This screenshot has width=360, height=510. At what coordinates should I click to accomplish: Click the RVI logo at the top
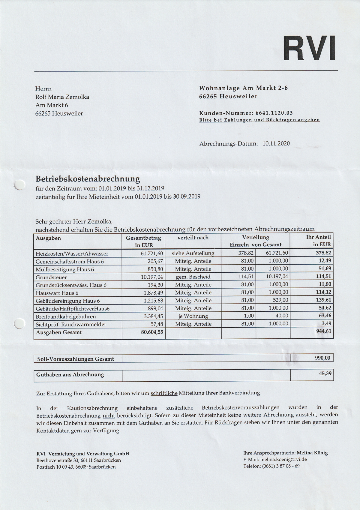click(309, 48)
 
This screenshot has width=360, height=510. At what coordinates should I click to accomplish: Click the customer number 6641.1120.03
click(274, 113)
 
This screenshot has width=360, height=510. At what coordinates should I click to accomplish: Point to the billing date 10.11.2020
click(276, 143)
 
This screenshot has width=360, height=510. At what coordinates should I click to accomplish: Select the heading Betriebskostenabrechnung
click(88, 179)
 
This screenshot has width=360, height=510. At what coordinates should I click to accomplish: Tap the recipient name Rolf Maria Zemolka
click(62, 97)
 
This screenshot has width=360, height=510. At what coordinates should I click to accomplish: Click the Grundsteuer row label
click(51, 277)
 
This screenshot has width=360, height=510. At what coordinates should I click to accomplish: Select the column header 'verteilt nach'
click(193, 238)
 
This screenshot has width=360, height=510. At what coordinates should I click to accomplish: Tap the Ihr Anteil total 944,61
click(323, 331)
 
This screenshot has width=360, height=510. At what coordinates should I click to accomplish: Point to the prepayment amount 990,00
click(322, 358)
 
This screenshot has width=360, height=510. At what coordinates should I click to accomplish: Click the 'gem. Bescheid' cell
click(193, 277)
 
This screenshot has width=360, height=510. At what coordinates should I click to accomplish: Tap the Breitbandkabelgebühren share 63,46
click(325, 316)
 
